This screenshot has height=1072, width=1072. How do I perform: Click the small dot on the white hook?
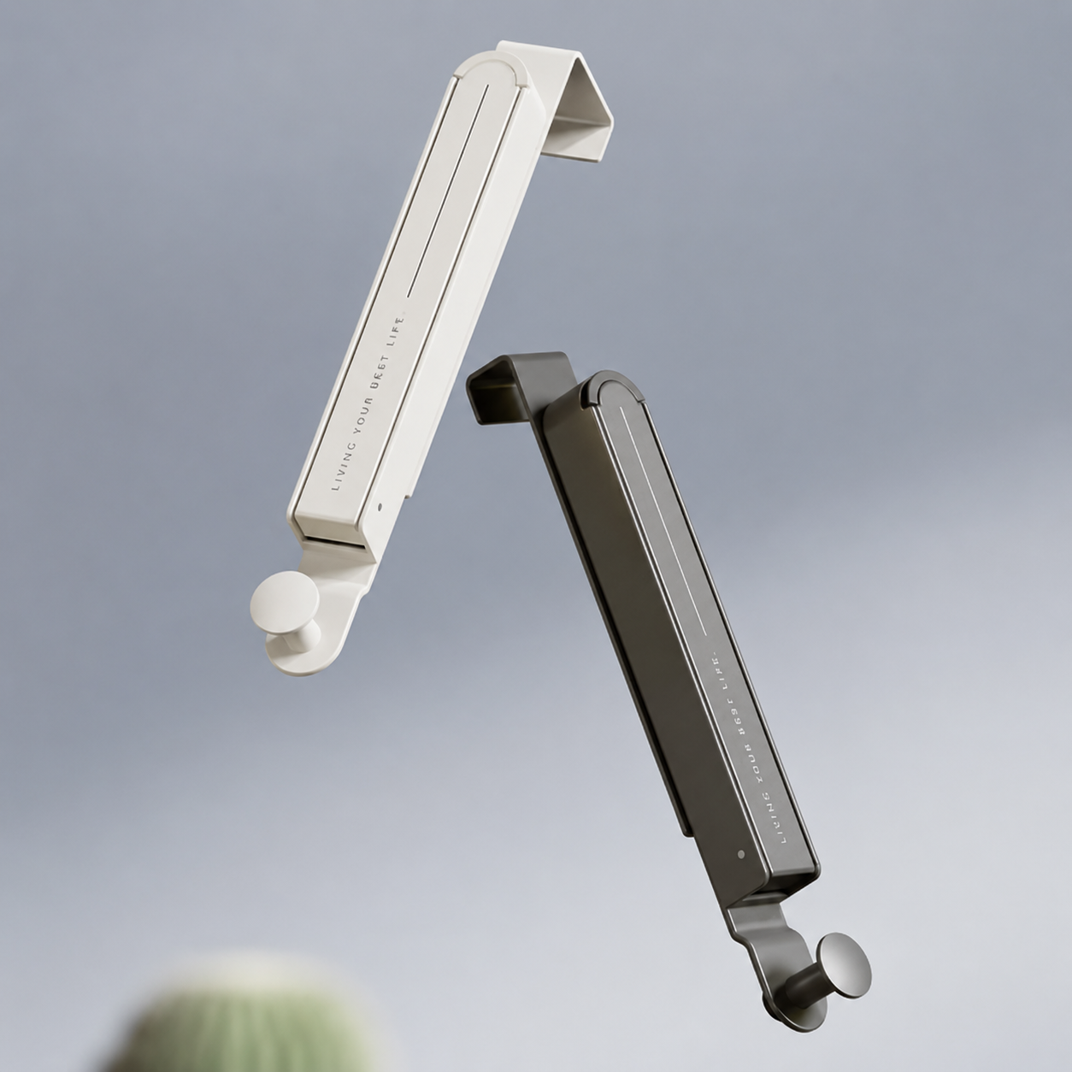coord(380,507)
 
